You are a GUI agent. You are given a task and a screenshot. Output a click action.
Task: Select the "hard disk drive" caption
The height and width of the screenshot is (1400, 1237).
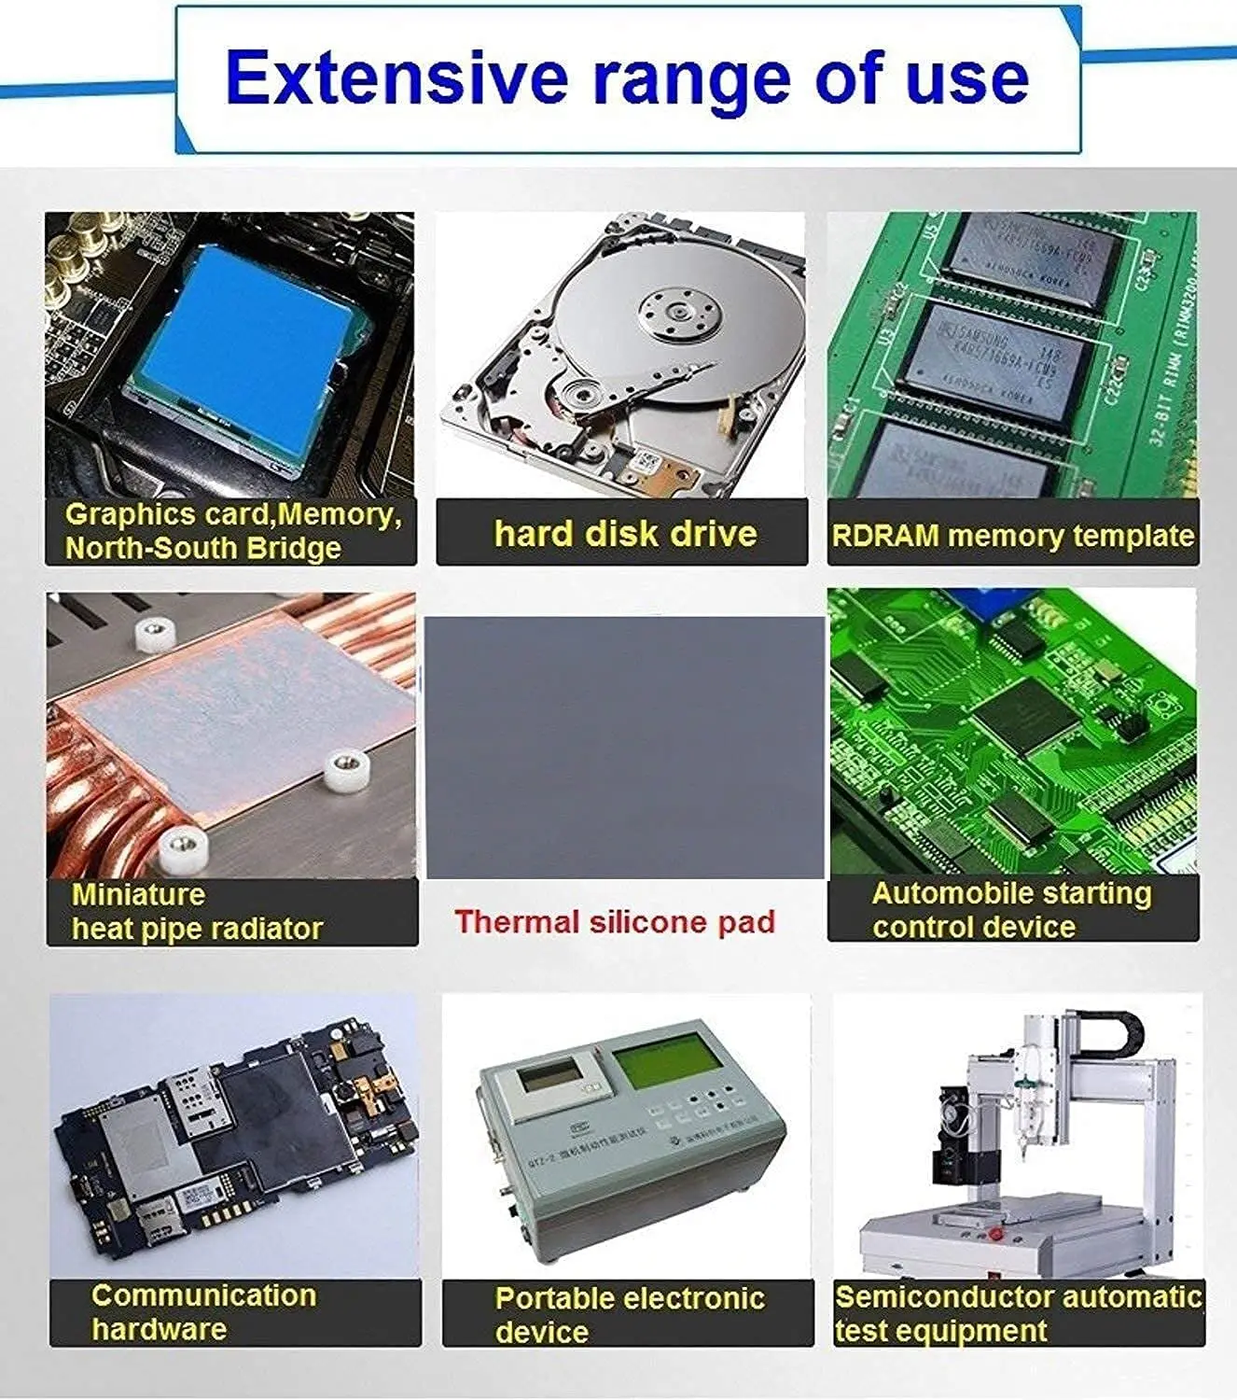[625, 534]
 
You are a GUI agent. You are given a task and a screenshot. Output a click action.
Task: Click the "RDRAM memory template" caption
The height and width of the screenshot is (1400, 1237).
[1012, 536]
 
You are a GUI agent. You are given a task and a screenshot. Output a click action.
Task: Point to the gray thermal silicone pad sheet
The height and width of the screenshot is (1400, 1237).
[625, 747]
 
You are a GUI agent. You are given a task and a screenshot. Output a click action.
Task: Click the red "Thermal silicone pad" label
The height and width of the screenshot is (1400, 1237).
[615, 922]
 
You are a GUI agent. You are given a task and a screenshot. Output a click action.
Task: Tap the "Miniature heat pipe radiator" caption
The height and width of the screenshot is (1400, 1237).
[197, 912]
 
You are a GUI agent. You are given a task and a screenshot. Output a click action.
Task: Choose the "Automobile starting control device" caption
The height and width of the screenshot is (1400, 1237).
[1011, 910]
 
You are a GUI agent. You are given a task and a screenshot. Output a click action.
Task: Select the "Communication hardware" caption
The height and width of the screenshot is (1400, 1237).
[203, 1311]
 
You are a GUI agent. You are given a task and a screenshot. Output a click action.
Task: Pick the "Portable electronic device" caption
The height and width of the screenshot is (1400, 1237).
[629, 1314]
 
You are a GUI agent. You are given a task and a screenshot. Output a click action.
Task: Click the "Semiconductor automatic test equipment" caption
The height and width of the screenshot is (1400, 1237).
[1018, 1313]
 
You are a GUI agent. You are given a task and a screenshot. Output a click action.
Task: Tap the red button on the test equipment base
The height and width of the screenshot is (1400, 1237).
[995, 1234]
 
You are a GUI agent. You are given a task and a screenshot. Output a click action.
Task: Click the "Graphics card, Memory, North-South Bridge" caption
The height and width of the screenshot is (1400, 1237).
[232, 530]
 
